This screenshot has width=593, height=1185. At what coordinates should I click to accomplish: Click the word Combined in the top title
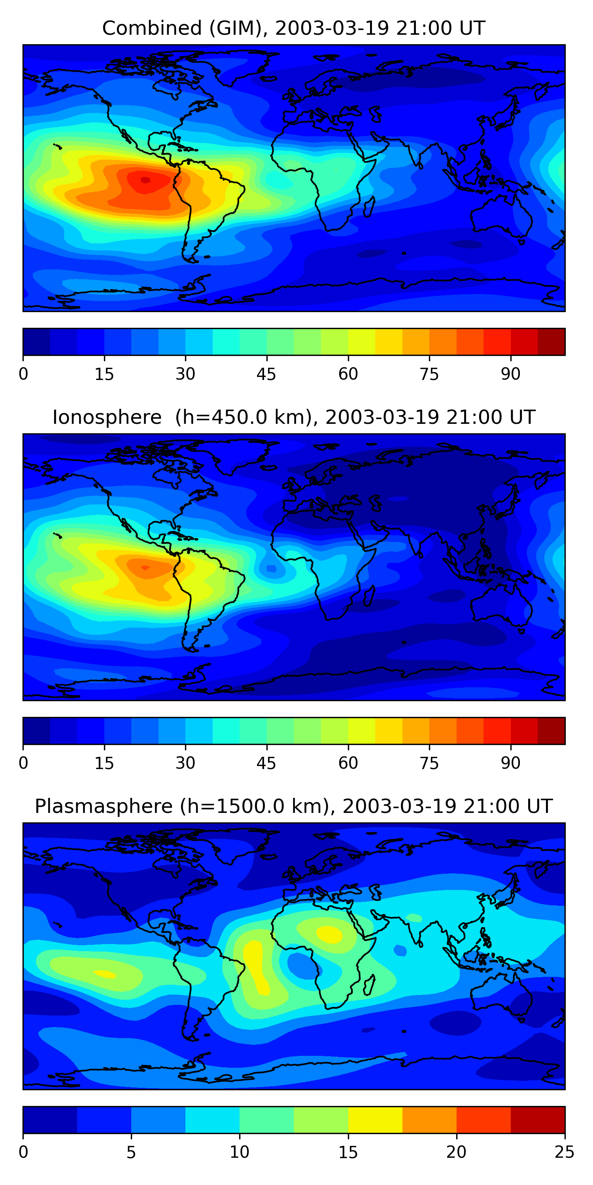click(x=152, y=28)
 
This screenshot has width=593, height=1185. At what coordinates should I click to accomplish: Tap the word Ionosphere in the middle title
click(x=107, y=417)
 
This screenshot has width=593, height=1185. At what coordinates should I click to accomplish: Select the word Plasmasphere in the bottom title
click(x=104, y=807)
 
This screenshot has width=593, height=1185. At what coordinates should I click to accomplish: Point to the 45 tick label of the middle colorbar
click(x=266, y=763)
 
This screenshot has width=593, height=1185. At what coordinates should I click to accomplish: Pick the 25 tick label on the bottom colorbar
click(x=565, y=1152)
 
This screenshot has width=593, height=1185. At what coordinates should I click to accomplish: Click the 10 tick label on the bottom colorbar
click(x=240, y=1152)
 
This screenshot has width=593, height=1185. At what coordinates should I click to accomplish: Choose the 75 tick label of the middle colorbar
click(x=429, y=763)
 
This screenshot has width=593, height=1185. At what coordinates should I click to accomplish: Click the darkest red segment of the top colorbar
click(x=551, y=342)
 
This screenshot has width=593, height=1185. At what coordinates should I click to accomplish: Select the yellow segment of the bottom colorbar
click(x=375, y=1120)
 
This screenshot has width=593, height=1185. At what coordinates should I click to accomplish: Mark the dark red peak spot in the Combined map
click(x=145, y=180)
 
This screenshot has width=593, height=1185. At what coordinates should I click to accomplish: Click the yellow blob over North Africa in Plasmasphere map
click(x=330, y=934)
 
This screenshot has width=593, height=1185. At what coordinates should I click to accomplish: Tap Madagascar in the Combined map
click(x=369, y=207)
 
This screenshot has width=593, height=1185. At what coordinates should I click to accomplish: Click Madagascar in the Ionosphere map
click(x=369, y=596)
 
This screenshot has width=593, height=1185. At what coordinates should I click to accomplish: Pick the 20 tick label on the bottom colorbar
click(x=456, y=1152)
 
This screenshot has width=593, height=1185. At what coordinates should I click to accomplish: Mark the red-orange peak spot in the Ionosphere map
click(x=145, y=568)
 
